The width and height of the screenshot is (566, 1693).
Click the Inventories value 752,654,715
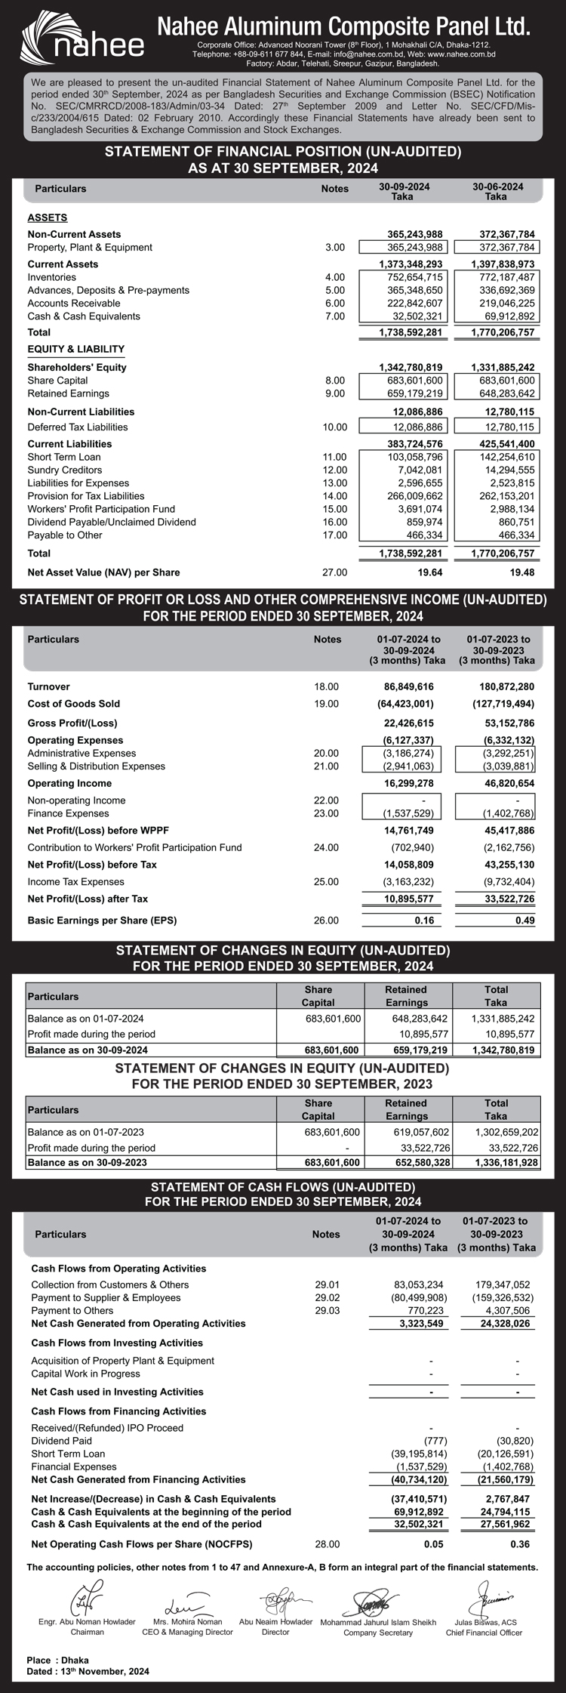pyautogui.click(x=411, y=277)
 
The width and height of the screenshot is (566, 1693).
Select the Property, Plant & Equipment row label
pyautogui.click(x=90, y=248)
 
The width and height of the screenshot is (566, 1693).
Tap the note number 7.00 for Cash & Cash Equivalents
pyautogui.click(x=334, y=316)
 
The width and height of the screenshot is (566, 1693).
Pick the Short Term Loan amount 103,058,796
pyautogui.click(x=411, y=457)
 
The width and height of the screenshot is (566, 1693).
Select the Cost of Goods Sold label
pyautogui.click(x=74, y=704)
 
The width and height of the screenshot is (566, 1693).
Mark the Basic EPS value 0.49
pyautogui.click(x=524, y=921)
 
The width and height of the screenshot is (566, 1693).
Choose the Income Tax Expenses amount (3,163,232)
pyautogui.click(x=408, y=882)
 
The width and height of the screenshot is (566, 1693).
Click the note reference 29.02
pyautogui.click(x=328, y=1297)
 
